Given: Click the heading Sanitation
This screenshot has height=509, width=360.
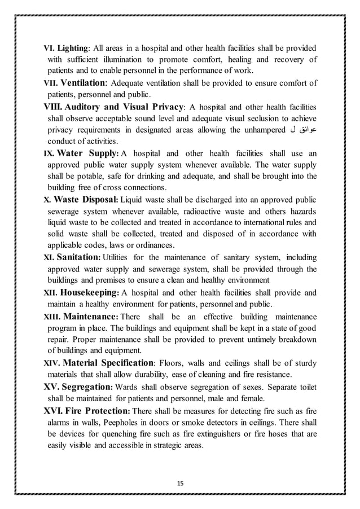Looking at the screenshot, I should (78, 258).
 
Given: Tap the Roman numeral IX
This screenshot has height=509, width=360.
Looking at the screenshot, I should (50, 153).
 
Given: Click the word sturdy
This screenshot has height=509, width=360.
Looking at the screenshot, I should (304, 363).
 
